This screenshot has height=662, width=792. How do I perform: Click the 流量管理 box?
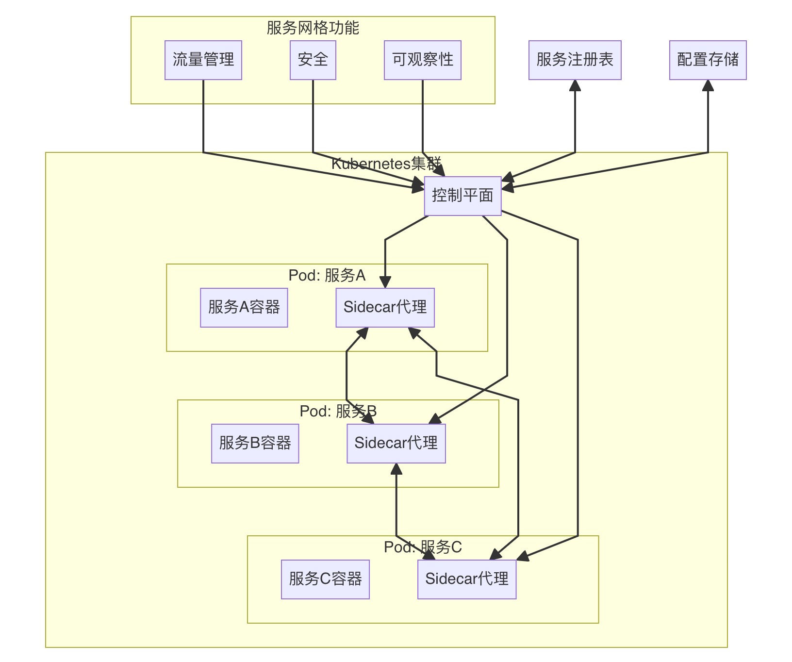point(203,60)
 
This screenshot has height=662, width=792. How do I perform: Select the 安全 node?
point(313,60)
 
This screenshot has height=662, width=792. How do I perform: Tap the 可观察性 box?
point(422,60)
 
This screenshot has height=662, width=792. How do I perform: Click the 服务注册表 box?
point(575,60)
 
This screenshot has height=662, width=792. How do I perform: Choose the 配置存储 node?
point(708,60)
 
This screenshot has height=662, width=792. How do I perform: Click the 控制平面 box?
point(462,196)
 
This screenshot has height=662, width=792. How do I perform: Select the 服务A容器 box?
point(244,308)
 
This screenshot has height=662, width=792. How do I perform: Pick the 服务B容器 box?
point(255,444)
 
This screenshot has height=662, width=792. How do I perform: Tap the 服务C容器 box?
point(325,579)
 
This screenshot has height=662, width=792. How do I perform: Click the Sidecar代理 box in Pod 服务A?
point(385,308)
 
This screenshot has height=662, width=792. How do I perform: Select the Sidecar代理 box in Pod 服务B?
point(396,444)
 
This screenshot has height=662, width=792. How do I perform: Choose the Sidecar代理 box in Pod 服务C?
point(467,579)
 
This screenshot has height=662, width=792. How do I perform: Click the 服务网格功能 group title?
point(313,28)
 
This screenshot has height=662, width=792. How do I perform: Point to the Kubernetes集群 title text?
point(386,164)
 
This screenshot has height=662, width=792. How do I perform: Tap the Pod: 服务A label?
point(327,276)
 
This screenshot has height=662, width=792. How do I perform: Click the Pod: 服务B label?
point(338,412)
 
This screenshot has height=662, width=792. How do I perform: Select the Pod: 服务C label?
point(422,547)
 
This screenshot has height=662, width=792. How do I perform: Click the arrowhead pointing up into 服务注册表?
point(575,85)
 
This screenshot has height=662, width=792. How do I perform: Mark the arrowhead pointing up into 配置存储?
point(708,85)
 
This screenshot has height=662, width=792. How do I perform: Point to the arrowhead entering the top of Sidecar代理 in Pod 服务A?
point(385,282)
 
